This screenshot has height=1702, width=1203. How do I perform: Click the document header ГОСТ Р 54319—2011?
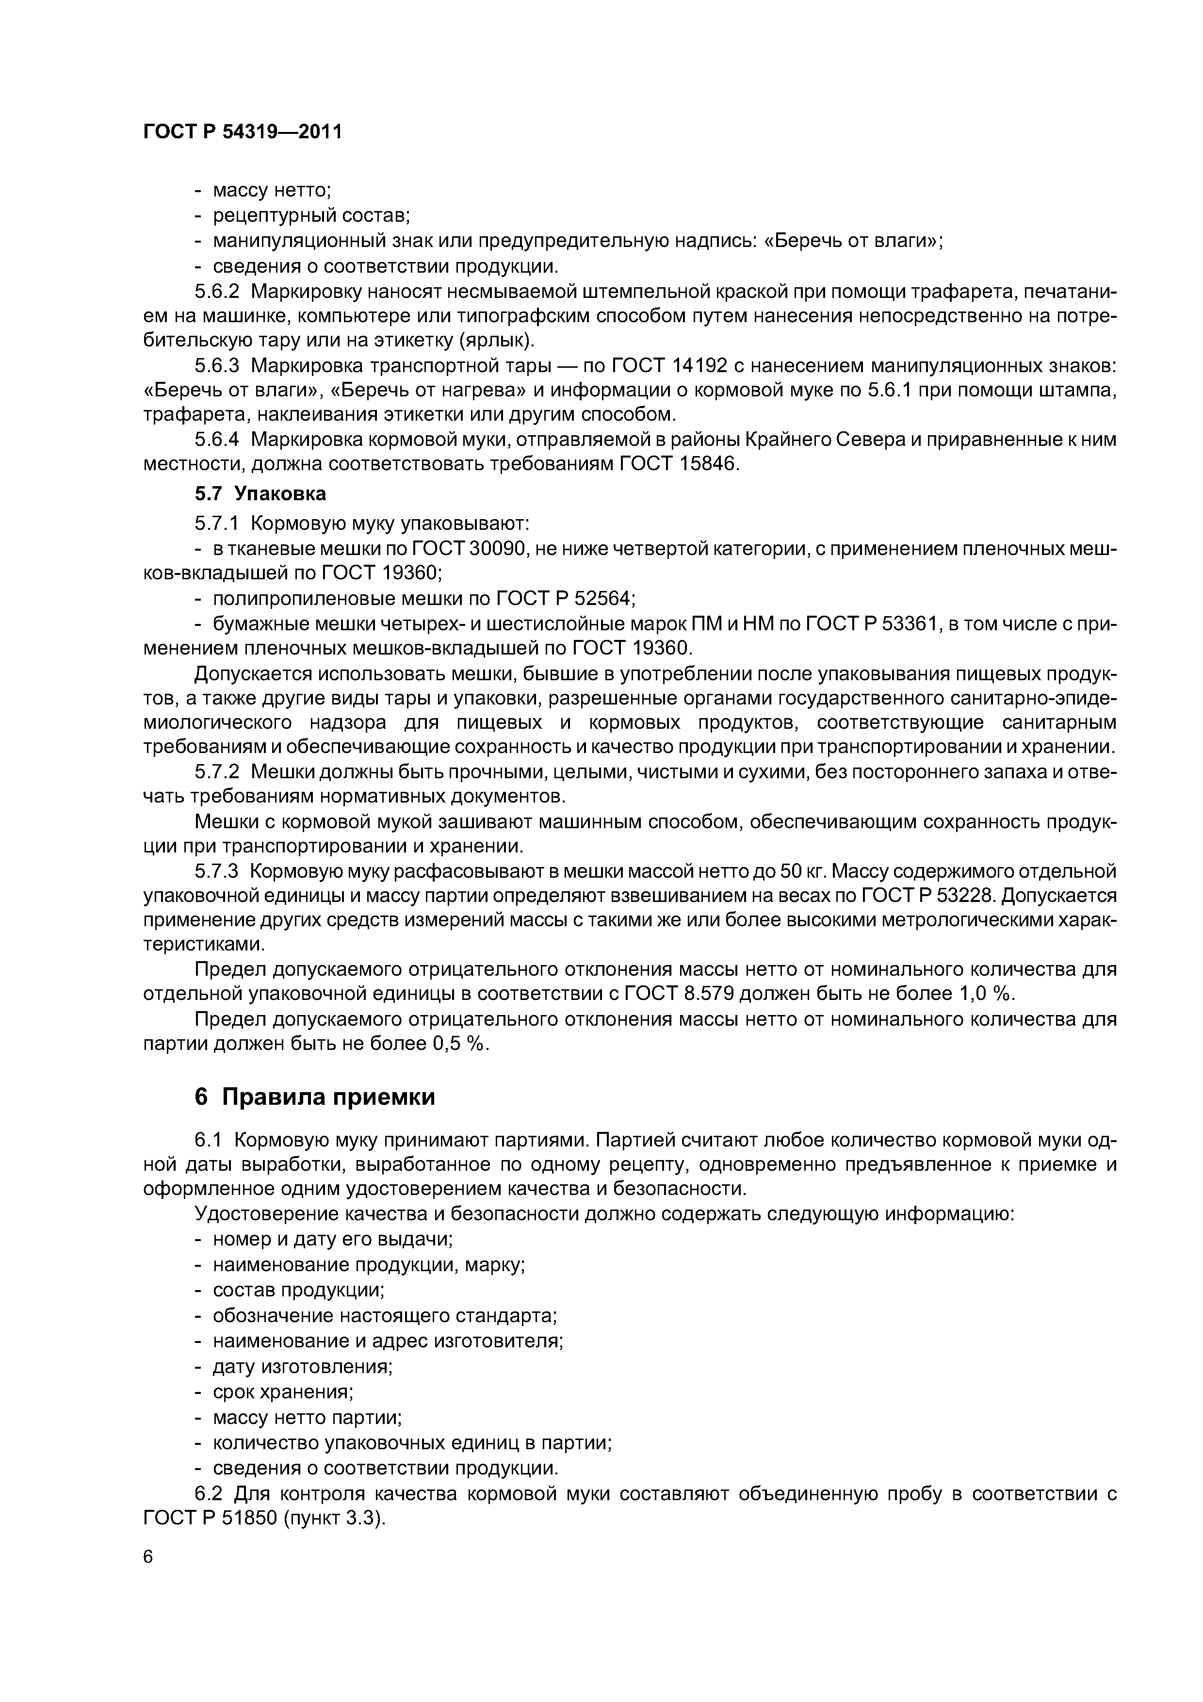tap(243, 132)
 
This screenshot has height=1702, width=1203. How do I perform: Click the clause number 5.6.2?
tap(216, 291)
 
